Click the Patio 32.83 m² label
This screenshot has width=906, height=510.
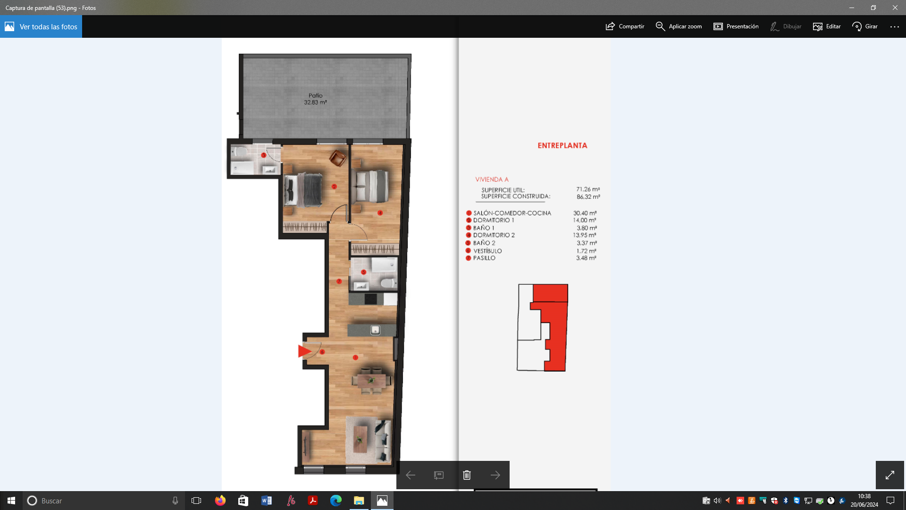click(315, 99)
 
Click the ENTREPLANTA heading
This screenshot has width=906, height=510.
click(562, 145)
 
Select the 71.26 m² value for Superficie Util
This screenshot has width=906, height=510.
click(588, 189)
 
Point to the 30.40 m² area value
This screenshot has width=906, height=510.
click(585, 213)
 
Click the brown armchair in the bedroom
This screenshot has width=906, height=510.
click(338, 158)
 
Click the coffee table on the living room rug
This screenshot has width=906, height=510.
click(361, 439)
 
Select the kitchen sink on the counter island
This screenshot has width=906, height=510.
click(375, 330)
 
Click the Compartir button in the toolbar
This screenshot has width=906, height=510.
click(625, 26)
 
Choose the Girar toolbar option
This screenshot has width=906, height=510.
click(865, 26)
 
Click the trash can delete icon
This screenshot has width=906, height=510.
click(467, 475)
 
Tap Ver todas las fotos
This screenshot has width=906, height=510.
click(41, 26)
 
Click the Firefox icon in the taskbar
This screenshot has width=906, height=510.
click(220, 501)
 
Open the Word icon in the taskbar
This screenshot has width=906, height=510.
click(266, 501)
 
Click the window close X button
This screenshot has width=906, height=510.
click(895, 8)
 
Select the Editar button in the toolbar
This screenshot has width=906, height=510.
click(827, 26)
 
